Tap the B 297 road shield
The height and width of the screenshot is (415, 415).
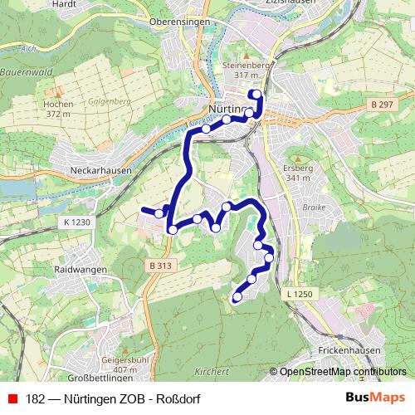coord(381,104)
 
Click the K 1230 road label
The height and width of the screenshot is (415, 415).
coord(76,222)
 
